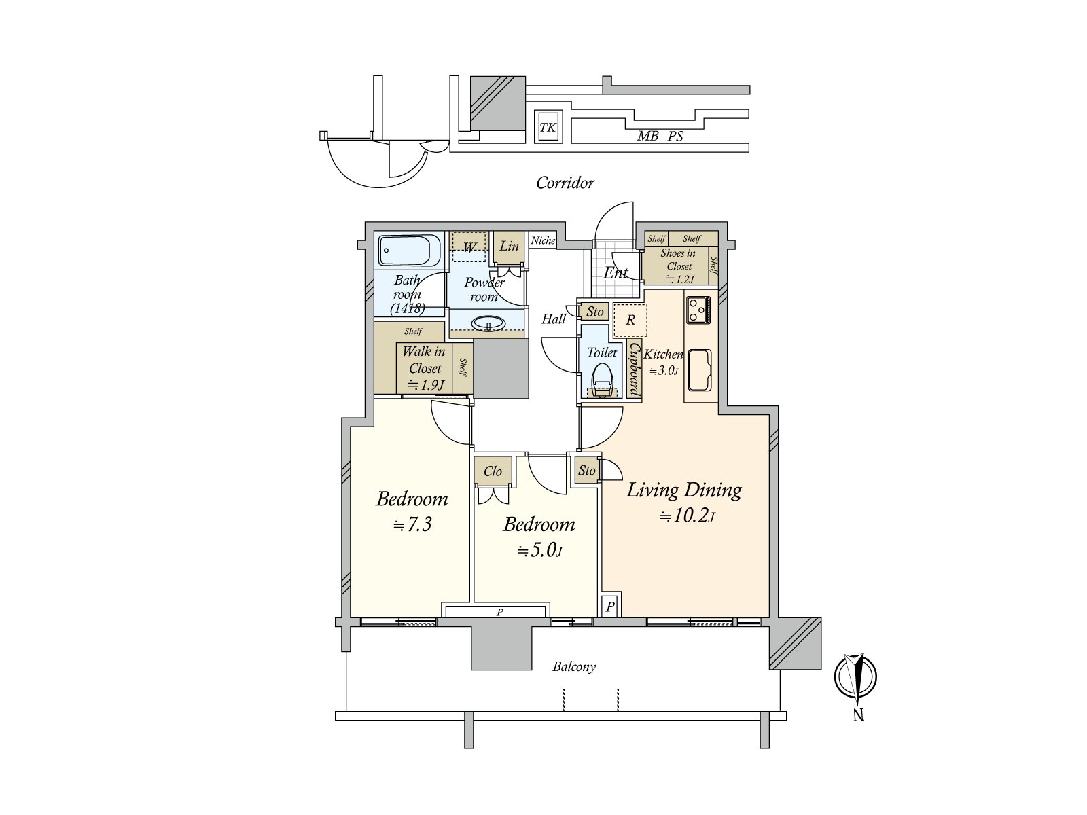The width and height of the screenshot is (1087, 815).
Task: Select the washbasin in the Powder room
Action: [x=488, y=323]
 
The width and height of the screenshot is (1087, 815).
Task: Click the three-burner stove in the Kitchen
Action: [x=698, y=310]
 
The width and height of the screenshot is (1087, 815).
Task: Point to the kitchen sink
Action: [x=699, y=370]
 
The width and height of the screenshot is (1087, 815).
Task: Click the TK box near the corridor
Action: [x=548, y=127]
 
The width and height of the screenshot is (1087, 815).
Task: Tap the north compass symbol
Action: [x=856, y=676]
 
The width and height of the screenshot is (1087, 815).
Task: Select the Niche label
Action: [x=543, y=240]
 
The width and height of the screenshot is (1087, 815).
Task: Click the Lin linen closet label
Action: [x=509, y=246]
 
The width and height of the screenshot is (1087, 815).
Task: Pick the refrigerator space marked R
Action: [x=630, y=320]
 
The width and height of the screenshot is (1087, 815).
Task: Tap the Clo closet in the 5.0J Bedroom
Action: [x=493, y=471]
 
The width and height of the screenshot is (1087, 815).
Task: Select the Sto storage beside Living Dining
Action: [x=587, y=470]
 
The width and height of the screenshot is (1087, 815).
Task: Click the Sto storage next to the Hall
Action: [x=594, y=312]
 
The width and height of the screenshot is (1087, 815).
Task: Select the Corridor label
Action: [x=565, y=183]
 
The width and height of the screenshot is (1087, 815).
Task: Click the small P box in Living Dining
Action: [x=611, y=606]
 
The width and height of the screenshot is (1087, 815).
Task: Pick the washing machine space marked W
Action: [x=469, y=247]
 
